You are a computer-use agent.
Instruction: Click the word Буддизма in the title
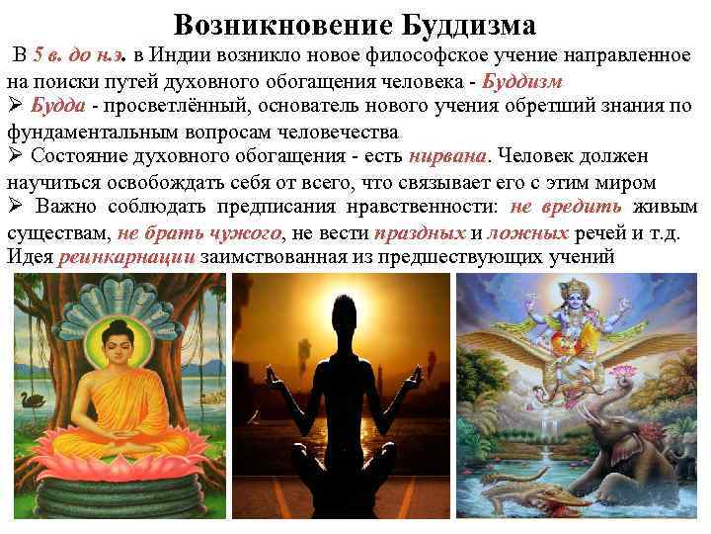(x=464, y=24)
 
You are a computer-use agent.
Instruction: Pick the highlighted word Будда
(x=56, y=106)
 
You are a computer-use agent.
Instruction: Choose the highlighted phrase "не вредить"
(x=566, y=208)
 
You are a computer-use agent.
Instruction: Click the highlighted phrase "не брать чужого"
(x=198, y=233)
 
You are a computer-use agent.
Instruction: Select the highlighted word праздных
(x=420, y=233)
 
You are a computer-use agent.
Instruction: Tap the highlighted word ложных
(x=527, y=233)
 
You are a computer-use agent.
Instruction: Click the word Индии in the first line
(x=180, y=54)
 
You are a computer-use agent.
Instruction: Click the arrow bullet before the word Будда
(x=15, y=106)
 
